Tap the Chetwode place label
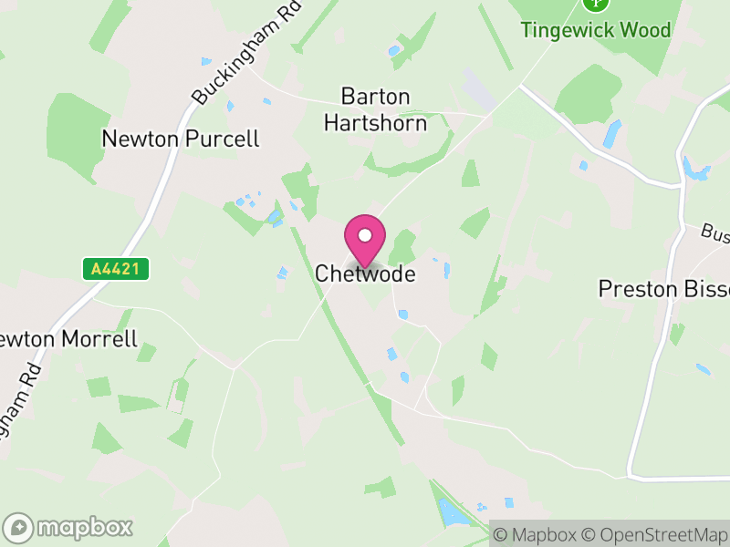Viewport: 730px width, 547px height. pyautogui.click(x=365, y=273)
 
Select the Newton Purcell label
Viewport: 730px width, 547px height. pyautogui.click(x=181, y=139)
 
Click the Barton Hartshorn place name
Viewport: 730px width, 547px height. pyautogui.click(x=375, y=109)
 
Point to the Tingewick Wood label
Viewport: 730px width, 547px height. pyautogui.click(x=595, y=30)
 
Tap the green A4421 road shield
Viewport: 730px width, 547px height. pyautogui.click(x=115, y=269)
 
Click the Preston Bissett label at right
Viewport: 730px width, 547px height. pyautogui.click(x=663, y=289)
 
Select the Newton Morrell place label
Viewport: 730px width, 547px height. pyautogui.click(x=68, y=339)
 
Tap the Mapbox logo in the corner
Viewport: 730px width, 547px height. pyautogui.click(x=68, y=527)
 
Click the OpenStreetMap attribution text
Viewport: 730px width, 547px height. pyautogui.click(x=657, y=534)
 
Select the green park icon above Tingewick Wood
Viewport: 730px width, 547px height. pyautogui.click(x=595, y=3)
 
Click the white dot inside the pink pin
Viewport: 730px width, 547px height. pyautogui.click(x=365, y=235)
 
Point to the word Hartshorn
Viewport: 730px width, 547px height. pyautogui.click(x=375, y=122)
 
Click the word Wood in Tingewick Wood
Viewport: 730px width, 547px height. pyautogui.click(x=645, y=30)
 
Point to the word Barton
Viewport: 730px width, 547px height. pyautogui.click(x=375, y=96)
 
